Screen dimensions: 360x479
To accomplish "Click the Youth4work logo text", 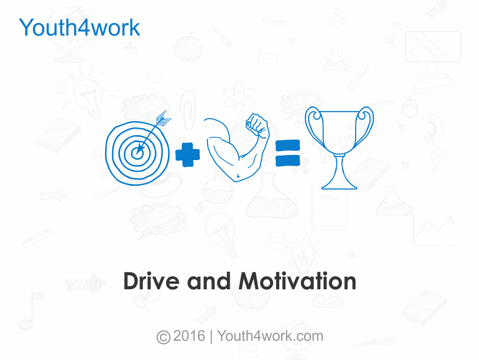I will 80,28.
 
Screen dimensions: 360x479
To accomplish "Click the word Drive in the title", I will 152,281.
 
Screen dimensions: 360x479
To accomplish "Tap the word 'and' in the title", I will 209,281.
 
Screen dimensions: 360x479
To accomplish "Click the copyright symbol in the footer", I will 163,337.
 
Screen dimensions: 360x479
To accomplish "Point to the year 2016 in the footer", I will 189,336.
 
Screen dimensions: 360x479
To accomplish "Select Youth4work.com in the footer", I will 270,336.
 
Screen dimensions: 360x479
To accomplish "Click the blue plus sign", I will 188,155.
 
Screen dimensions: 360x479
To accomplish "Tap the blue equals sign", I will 287,154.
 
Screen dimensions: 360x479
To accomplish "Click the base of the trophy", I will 340,184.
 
